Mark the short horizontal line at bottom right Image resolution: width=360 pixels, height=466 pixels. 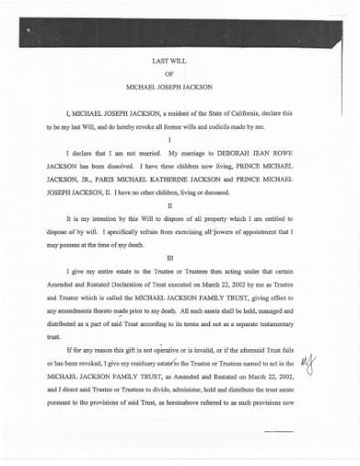[x=278, y=430]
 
